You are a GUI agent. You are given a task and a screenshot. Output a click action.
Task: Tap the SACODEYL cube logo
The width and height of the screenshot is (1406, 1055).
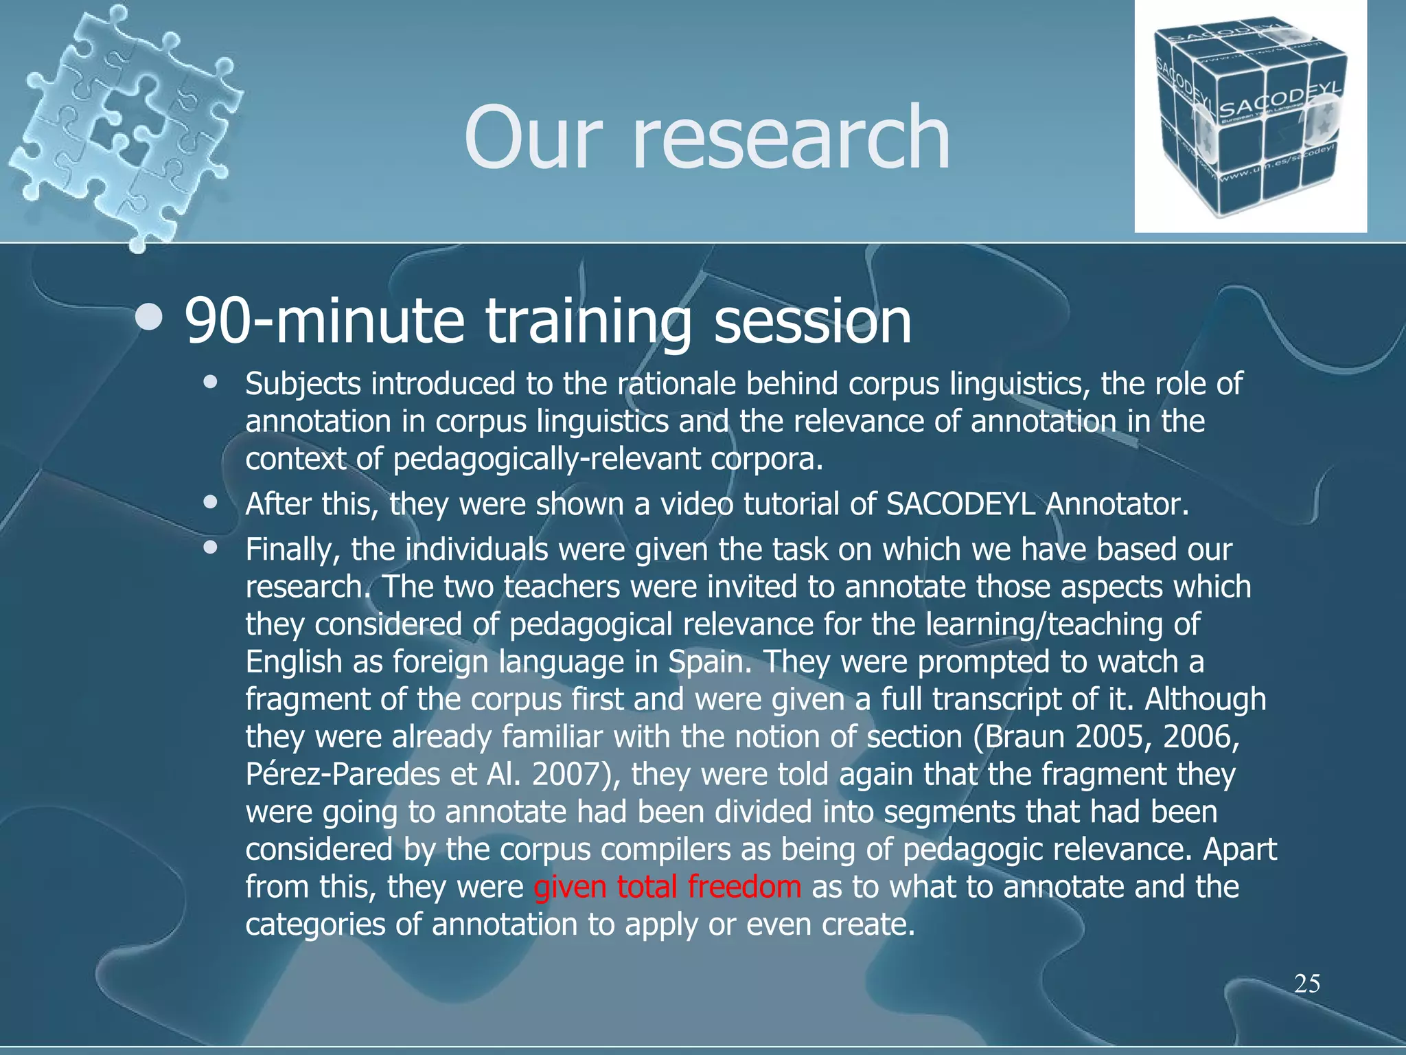coord(1250,117)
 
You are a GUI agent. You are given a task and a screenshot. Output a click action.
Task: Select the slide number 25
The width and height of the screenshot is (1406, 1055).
coord(1307,984)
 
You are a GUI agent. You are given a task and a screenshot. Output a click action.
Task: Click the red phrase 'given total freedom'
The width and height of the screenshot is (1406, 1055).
coord(667,887)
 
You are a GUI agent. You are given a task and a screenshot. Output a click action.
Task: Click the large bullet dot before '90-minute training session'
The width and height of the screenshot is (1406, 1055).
coord(149,318)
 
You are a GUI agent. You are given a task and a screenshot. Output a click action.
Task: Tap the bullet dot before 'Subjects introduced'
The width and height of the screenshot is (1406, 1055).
coord(210,382)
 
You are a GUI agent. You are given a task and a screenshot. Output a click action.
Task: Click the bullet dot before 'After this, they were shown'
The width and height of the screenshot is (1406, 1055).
coord(210,502)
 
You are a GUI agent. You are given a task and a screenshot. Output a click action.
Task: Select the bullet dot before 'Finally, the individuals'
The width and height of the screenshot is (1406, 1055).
coord(210,547)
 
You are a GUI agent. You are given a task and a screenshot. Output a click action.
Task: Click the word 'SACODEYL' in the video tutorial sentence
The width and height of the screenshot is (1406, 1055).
coord(960,505)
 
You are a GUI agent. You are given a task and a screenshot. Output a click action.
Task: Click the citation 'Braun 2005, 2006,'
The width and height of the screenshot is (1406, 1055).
coord(1112,737)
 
